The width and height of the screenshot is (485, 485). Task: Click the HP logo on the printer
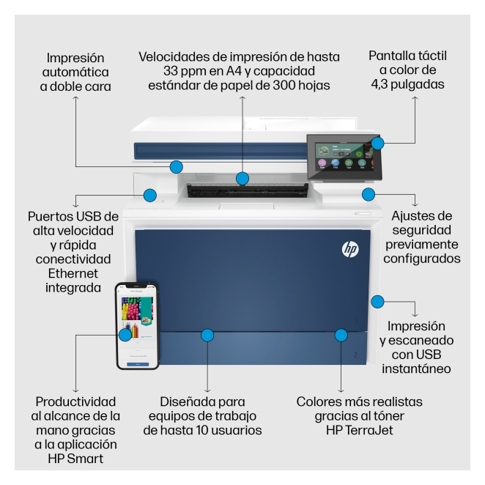coord(350,249)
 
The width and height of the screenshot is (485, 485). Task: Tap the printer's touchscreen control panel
coord(344,157)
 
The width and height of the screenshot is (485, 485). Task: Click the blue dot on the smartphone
coord(125,335)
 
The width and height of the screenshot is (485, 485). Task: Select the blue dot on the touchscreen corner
coord(377,143)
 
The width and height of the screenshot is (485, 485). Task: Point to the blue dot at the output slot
coord(242,179)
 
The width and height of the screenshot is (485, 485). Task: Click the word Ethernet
coord(73,273)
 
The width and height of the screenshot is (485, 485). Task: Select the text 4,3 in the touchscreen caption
coord(380,84)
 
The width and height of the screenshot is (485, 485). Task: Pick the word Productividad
coord(75,401)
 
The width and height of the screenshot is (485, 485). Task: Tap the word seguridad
coord(421,230)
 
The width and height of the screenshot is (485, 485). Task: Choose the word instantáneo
coord(416,369)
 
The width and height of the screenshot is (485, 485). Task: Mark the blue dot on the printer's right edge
coord(377,302)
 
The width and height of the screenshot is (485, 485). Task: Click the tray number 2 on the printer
coord(356,355)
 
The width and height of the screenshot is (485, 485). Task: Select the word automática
coord(75,73)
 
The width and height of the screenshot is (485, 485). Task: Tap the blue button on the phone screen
coord(138,364)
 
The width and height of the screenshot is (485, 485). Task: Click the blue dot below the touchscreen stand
coord(369,195)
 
